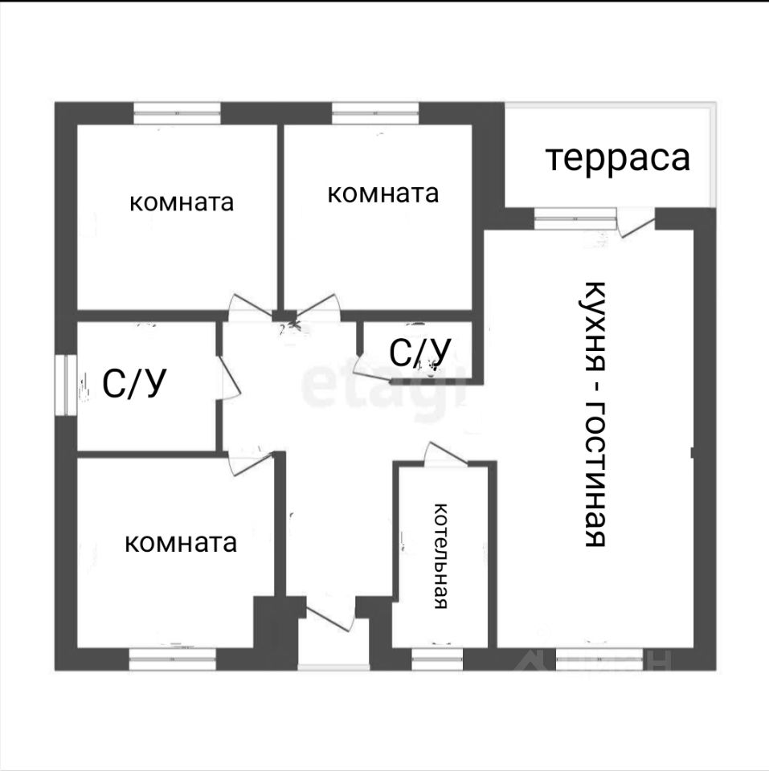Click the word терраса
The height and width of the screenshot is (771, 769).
point(618,158)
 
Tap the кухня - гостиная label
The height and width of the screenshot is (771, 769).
point(595,414)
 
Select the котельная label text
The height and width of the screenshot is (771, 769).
point(440,556)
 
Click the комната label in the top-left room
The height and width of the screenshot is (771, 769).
point(182,202)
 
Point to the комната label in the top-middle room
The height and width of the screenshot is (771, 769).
point(383,194)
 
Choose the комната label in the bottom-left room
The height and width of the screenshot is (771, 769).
point(182,543)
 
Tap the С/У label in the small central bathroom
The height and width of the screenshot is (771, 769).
point(419,351)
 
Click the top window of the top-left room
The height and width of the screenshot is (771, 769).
point(177,112)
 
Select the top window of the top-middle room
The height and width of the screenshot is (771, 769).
point(374,112)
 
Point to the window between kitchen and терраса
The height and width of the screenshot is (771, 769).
point(575,218)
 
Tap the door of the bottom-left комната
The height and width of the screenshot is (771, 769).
point(243,463)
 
